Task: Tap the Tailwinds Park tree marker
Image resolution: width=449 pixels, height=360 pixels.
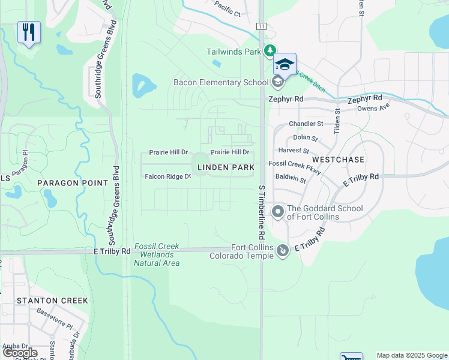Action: (271, 51)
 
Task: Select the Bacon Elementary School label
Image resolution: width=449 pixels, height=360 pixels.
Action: (220, 82)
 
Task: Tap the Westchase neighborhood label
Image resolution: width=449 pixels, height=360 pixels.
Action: (338, 160)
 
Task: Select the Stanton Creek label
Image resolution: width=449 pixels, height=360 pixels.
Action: (52, 300)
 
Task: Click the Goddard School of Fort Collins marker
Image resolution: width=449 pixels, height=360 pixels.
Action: (277, 211)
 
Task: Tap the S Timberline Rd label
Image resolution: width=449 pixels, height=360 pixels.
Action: (262, 213)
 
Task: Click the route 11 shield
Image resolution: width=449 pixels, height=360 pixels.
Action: (261, 26)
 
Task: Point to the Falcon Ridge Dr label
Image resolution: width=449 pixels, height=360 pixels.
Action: (167, 176)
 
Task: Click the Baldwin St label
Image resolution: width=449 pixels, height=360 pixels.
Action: (291, 179)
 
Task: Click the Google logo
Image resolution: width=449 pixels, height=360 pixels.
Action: (20, 353)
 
